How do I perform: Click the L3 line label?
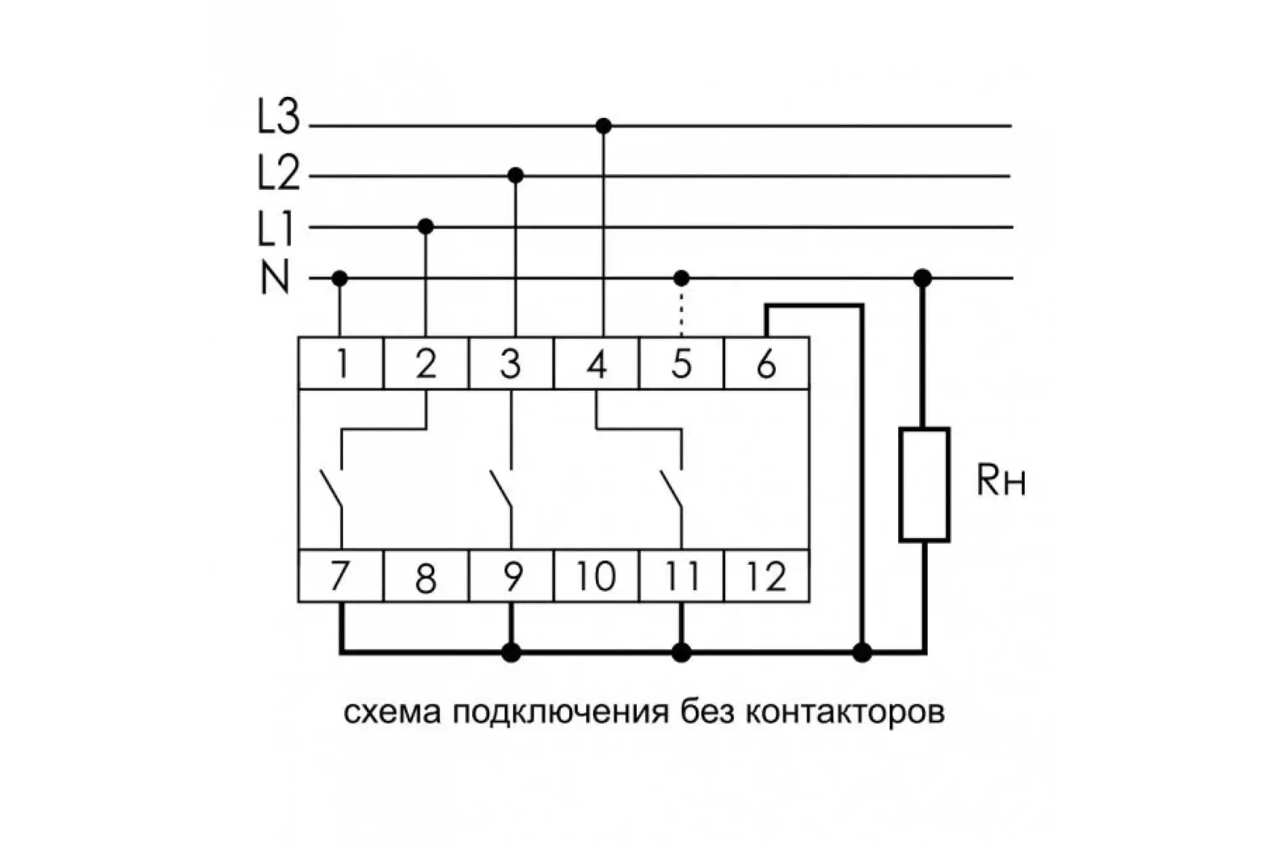(x=278, y=117)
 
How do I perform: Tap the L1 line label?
(x=275, y=229)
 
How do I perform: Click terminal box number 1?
(x=341, y=363)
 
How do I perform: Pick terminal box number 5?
(x=681, y=363)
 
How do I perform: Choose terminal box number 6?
(x=767, y=363)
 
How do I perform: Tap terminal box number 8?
(x=426, y=576)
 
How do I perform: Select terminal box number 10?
(x=596, y=576)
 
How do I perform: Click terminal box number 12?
(x=767, y=576)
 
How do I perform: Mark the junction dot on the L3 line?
(x=603, y=126)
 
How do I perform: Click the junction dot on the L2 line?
(x=516, y=176)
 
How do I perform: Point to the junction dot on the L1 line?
(x=426, y=227)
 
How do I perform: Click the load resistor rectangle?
(x=924, y=484)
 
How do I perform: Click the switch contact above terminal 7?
(x=332, y=490)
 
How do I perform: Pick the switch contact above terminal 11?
(x=672, y=490)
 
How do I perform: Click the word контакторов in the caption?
(x=846, y=713)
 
